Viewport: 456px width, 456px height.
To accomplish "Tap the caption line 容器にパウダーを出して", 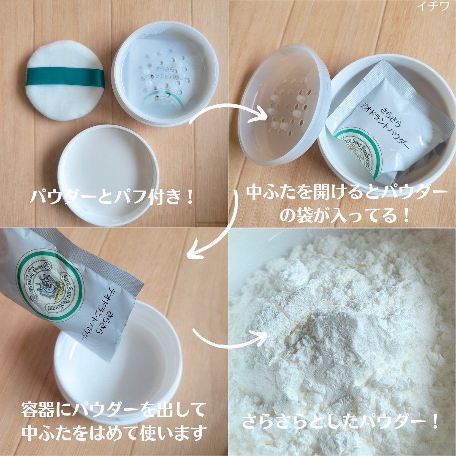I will point(114,409).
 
